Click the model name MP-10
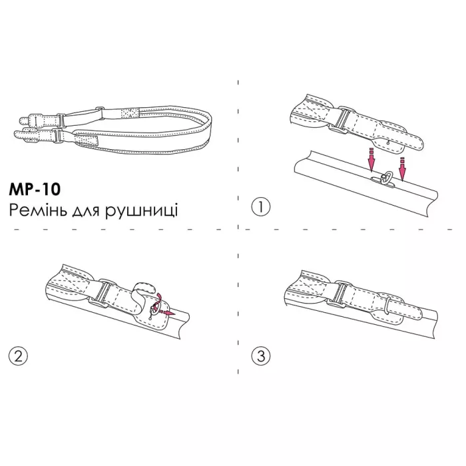[x=35, y=189]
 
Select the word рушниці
[x=141, y=211]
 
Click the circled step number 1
[x=261, y=206]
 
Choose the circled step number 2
[x=18, y=355]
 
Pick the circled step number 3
[x=261, y=355]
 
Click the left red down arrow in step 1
[x=371, y=160]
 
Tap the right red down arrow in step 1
[x=402, y=169]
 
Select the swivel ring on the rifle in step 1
[x=384, y=179]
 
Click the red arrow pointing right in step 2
[x=168, y=313]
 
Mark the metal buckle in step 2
[x=102, y=292]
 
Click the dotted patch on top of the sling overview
[x=130, y=113]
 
